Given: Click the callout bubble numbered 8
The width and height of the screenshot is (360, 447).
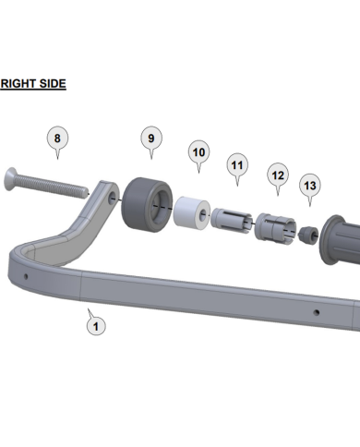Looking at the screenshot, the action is click(x=57, y=139).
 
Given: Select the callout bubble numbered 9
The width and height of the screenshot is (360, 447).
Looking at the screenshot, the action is click(x=151, y=139).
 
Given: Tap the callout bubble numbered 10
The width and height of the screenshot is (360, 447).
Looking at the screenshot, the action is click(x=198, y=152).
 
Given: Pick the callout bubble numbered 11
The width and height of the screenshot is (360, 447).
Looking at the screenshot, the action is click(x=237, y=165).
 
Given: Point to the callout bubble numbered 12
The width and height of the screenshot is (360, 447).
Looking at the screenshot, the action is click(x=278, y=175).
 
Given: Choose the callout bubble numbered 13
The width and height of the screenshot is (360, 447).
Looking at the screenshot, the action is click(x=310, y=186).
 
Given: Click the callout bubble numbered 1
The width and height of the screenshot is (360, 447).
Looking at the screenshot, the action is click(x=96, y=326).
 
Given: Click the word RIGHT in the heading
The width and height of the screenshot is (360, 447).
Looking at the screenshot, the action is click(x=17, y=84).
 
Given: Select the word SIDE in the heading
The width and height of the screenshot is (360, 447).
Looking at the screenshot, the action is click(x=51, y=84).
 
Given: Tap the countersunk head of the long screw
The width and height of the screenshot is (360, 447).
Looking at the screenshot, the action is click(x=10, y=179).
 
